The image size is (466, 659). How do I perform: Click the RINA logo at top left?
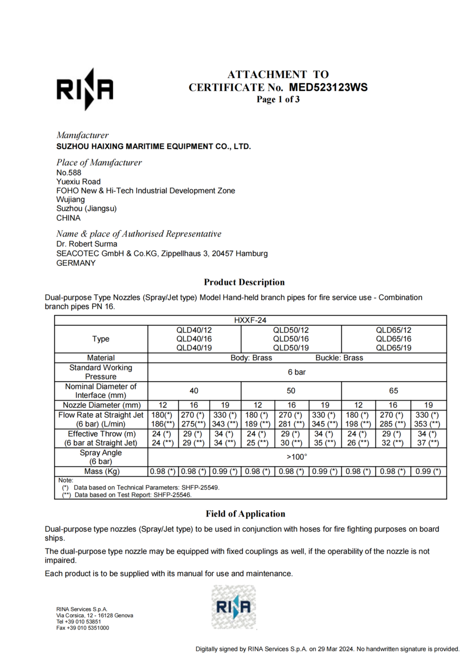click(85, 89)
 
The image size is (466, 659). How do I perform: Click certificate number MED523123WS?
click(328, 87)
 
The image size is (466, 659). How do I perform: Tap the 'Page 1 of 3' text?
click(278, 99)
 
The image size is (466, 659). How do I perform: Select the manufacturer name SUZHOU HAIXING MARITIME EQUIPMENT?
click(153, 146)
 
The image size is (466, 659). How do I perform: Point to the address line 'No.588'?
click(69, 172)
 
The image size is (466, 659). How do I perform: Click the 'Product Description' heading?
click(244, 282)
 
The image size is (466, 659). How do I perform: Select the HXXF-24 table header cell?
click(250, 321)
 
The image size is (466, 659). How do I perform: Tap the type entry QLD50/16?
click(291, 338)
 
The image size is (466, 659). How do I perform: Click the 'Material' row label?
click(101, 358)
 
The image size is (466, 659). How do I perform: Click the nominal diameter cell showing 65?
click(393, 390)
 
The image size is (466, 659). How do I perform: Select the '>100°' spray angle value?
click(297, 456)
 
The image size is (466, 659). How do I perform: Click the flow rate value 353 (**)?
click(428, 423)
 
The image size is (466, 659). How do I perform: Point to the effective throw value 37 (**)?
click(428, 443)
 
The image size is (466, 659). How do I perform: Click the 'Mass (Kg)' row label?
click(101, 471)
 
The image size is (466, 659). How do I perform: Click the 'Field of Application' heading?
click(245, 514)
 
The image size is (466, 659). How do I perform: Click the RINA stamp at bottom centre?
click(233, 607)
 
